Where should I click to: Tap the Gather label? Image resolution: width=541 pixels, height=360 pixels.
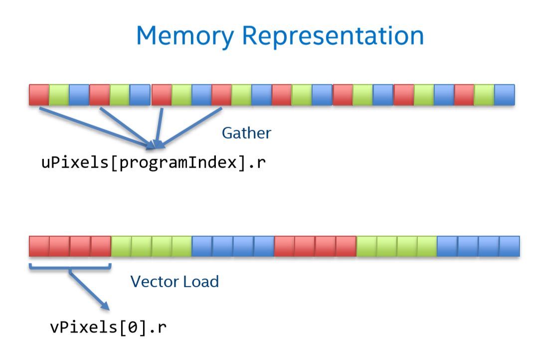pyautogui.click(x=246, y=133)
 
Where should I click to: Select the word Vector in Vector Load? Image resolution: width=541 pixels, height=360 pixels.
pyautogui.click(x=155, y=282)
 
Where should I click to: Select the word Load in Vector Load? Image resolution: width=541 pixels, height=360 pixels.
pyautogui.click(x=201, y=282)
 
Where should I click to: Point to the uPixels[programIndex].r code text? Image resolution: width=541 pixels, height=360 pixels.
pyautogui.click(x=154, y=163)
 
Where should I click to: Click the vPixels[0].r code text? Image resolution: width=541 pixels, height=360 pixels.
pyautogui.click(x=108, y=327)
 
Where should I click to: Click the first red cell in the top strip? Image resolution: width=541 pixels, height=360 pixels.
pyautogui.click(x=39, y=95)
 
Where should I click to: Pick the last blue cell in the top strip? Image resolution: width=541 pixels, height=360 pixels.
pyautogui.click(x=505, y=95)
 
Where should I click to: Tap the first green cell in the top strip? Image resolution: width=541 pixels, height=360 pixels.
pyautogui.click(x=59, y=95)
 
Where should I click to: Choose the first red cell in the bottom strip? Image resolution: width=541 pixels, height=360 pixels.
pyautogui.click(x=39, y=246)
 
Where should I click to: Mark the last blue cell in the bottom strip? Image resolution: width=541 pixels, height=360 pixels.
pyautogui.click(x=510, y=246)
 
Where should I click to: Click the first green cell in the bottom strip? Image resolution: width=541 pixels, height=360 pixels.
pyautogui.click(x=121, y=246)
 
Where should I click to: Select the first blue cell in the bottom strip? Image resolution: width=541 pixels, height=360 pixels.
pyautogui.click(x=202, y=246)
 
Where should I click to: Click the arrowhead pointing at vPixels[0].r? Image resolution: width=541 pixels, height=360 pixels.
pyautogui.click(x=105, y=306)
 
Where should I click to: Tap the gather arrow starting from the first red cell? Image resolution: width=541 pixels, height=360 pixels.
pyautogui.click(x=97, y=129)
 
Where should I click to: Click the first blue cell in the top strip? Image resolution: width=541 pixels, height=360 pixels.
pyautogui.click(x=79, y=95)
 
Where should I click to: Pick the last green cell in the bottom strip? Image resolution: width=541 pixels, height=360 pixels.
pyautogui.click(x=427, y=246)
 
